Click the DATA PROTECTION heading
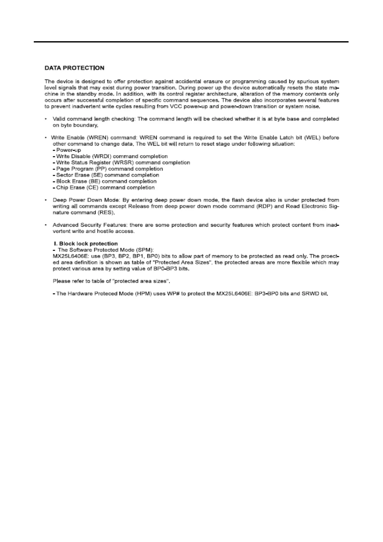pyautogui.click(x=74, y=68)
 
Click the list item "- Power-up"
pyautogui.click(x=67, y=150)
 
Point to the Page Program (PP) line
pyautogui.click(x=108, y=169)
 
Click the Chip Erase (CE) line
pyautogui.click(x=104, y=188)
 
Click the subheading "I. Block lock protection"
pyautogui.click(x=85, y=244)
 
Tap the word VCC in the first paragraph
pyautogui.click(x=176, y=107)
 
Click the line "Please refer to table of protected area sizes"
pyautogui.click(x=111, y=281)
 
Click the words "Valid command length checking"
pyautogui.click(x=94, y=119)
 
